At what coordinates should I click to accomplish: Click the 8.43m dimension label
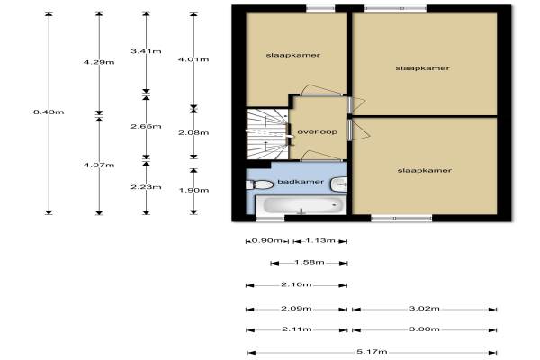pos(49,112)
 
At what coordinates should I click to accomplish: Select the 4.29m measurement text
pos(99,62)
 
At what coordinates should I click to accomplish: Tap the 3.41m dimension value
pos(146,51)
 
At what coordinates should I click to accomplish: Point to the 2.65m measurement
pos(146,126)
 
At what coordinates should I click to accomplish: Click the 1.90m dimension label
pos(193,190)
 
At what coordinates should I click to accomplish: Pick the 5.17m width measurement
pos(372,352)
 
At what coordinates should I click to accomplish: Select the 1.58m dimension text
pos(310,262)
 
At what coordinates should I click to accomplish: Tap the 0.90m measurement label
pos(267,240)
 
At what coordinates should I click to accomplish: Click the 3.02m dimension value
pos(424,309)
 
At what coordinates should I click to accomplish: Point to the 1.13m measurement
pos(320,240)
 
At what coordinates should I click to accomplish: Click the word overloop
pos(317,132)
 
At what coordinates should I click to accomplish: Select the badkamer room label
pos(301,182)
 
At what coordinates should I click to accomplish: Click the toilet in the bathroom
pos(260,184)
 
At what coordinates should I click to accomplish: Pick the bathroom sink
pos(339,184)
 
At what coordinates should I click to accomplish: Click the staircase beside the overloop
pos(267,134)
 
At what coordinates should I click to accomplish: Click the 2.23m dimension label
pos(146,187)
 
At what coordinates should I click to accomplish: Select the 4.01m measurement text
pos(193,59)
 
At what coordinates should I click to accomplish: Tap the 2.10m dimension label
pos(296,284)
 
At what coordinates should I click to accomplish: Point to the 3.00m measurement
pos(424,329)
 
